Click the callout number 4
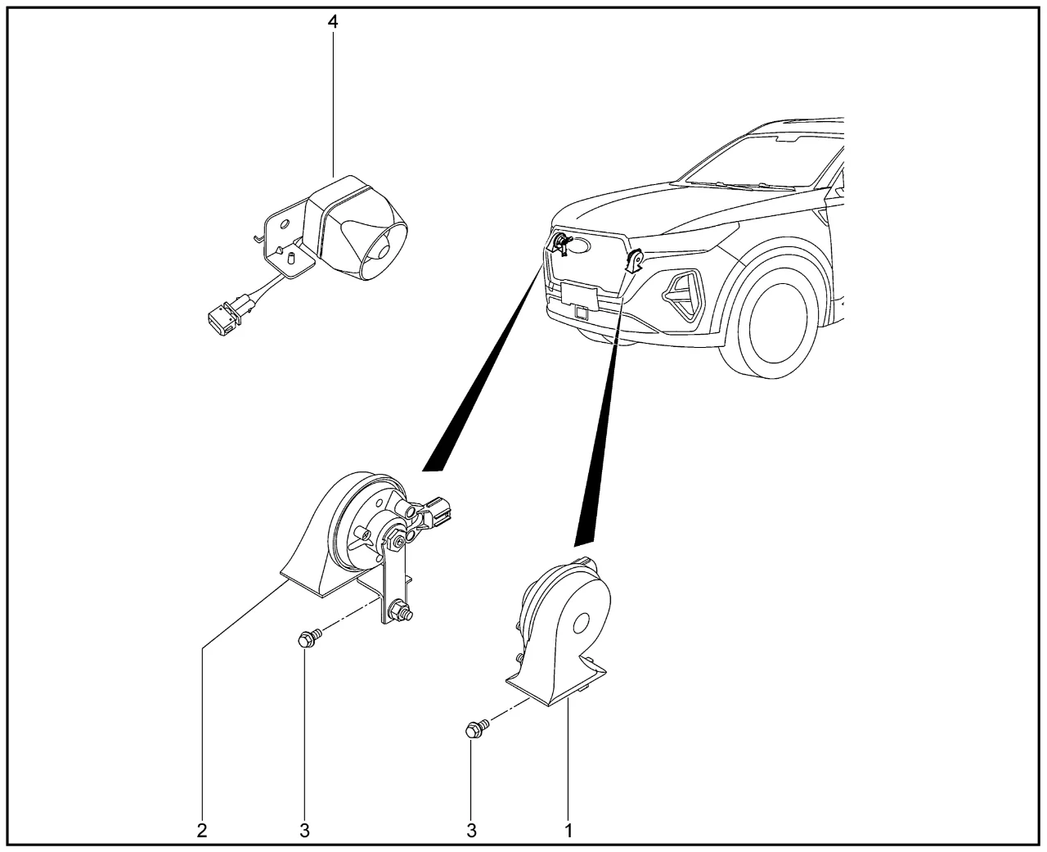click(333, 21)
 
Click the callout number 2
click(202, 830)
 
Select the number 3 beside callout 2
click(304, 830)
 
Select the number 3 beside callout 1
click(471, 830)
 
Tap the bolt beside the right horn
click(475, 727)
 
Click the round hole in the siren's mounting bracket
click(284, 222)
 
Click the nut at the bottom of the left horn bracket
click(401, 610)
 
